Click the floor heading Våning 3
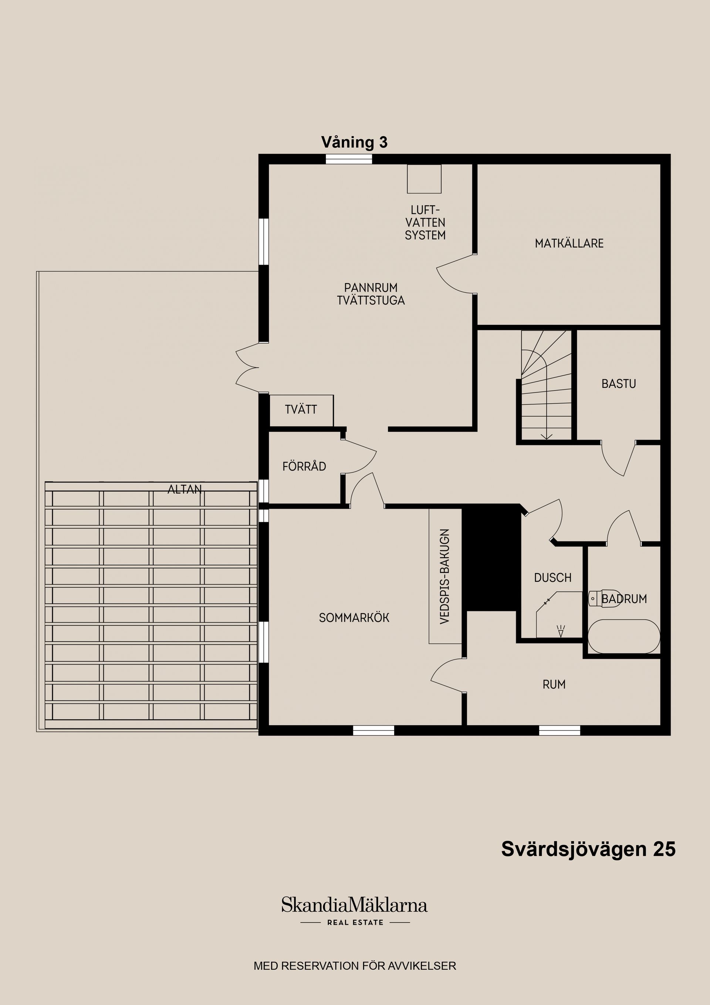[354, 142]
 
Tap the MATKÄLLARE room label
[569, 243]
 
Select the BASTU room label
[618, 384]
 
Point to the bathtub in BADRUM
[623, 637]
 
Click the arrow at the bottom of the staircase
[547, 436]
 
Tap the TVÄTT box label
[301, 410]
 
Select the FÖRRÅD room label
[304, 467]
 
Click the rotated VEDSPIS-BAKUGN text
[445, 577]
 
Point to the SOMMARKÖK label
[354, 618]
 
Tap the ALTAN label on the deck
[185, 489]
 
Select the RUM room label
[554, 684]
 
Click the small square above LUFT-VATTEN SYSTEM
[424, 179]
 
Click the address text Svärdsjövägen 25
[588, 849]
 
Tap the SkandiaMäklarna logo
[354, 905]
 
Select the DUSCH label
[552, 578]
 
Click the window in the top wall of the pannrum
[349, 159]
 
